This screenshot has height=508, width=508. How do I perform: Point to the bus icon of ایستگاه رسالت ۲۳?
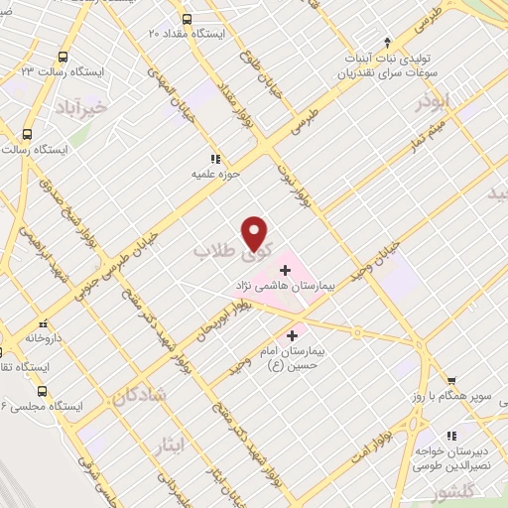pyautogui.click(x=63, y=58)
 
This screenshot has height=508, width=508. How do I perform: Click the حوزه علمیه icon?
pyautogui.click(x=213, y=158)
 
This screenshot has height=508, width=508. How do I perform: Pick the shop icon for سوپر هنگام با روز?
pyautogui.click(x=450, y=380)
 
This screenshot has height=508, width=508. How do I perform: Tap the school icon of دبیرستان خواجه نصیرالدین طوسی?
pyautogui.click(x=450, y=435)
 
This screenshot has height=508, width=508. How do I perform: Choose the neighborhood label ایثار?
pyautogui.click(x=170, y=445)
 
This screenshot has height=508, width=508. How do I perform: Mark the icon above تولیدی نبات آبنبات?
pyautogui.click(x=388, y=43)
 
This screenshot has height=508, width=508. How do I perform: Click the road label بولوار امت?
pyautogui.click(x=401, y=429)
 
